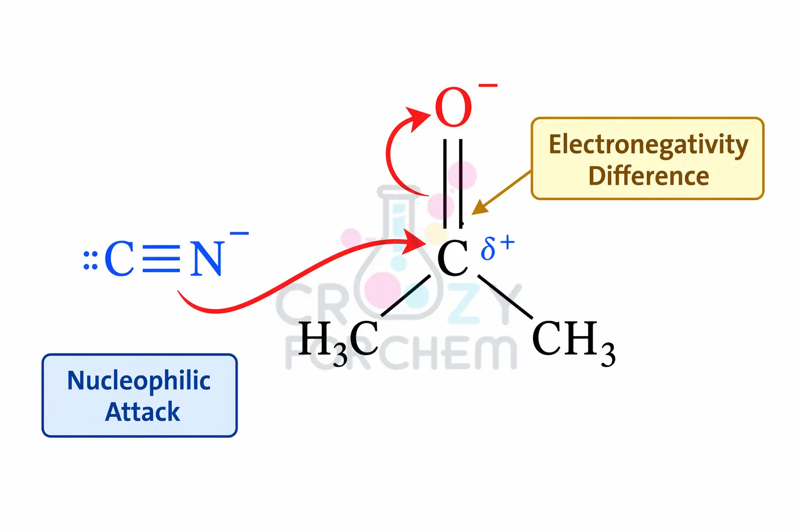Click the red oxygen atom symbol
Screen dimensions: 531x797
453,107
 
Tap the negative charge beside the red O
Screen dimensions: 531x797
488,85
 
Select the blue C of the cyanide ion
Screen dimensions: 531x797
119,258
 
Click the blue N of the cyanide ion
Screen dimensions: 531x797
207,258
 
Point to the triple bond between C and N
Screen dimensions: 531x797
161,258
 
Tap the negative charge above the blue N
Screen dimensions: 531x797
239,234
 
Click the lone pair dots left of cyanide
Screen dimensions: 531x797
90,260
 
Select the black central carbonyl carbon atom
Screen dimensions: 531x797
452,258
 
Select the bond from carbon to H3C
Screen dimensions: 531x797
406,295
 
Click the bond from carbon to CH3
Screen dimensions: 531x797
505,297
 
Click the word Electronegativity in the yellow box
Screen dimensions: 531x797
648,145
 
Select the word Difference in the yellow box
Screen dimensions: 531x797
648,176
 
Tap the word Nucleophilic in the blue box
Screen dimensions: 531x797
139,381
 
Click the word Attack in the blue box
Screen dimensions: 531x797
142,412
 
